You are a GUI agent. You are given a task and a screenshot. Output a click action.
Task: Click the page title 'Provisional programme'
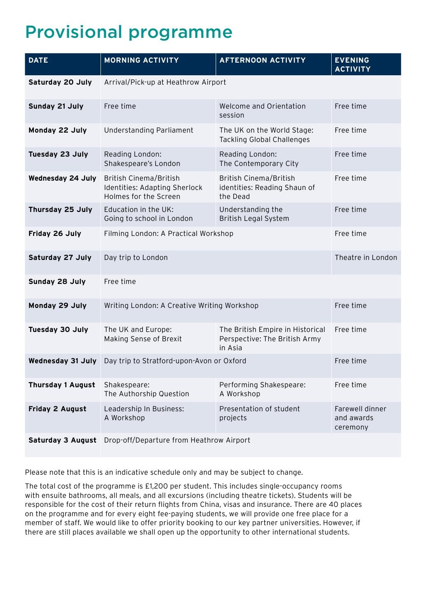(x=129, y=32)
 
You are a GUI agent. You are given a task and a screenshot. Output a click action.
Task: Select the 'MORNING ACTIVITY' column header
(x=141, y=60)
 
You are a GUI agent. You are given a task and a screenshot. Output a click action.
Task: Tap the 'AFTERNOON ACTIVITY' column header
(x=262, y=60)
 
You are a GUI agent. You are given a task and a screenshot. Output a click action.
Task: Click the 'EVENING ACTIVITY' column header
(x=352, y=65)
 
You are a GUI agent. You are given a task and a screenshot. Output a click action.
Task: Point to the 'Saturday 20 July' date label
(x=60, y=82)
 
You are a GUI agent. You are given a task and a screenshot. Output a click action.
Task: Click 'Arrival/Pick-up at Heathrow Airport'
(x=165, y=82)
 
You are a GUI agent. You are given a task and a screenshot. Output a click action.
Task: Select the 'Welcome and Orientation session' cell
(x=262, y=111)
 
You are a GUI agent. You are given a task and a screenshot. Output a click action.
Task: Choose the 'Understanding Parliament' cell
(x=149, y=130)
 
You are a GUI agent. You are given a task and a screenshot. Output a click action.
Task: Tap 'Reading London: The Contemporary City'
(x=259, y=159)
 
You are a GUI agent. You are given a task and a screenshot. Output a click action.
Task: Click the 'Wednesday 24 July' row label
(x=62, y=178)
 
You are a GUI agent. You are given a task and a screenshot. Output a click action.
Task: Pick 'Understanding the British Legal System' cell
(x=254, y=214)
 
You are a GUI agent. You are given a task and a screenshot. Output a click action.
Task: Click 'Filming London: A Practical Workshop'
(x=168, y=233)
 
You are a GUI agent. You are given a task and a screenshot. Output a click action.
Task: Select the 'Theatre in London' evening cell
(x=366, y=257)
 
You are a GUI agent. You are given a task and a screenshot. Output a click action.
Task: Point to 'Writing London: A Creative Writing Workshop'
(x=181, y=305)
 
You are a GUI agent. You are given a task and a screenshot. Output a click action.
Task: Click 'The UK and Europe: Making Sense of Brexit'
(x=143, y=334)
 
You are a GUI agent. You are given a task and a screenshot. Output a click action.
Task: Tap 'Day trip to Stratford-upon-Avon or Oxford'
(x=175, y=361)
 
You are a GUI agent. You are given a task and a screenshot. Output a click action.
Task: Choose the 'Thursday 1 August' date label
(x=62, y=385)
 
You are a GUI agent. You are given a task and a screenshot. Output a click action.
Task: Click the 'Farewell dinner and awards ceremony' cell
(x=360, y=418)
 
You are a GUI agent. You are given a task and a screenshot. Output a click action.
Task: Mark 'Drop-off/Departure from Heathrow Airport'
(x=177, y=440)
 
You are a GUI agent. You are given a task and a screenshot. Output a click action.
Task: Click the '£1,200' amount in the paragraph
(x=155, y=486)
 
